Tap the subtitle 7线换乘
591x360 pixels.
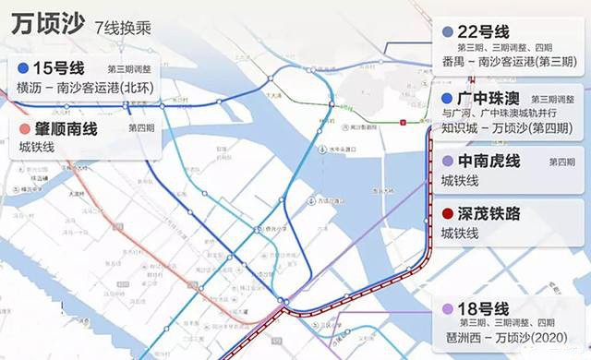(123, 29)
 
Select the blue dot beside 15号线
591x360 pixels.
(23, 68)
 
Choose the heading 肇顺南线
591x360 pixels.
(72, 128)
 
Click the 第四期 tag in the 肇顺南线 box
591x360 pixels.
(141, 128)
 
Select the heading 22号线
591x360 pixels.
(483, 30)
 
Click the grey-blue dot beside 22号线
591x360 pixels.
(448, 31)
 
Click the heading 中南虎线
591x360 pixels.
(489, 162)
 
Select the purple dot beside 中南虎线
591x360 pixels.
(448, 162)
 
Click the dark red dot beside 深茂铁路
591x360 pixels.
(448, 213)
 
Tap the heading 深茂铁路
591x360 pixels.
(489, 213)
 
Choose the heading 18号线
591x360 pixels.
(483, 308)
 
